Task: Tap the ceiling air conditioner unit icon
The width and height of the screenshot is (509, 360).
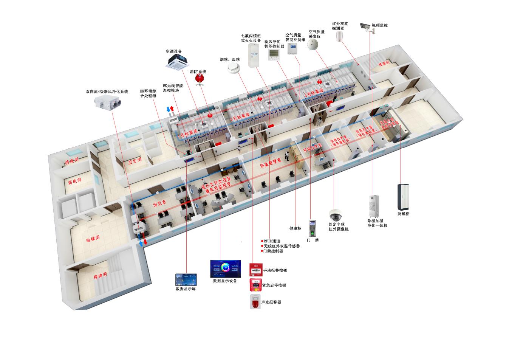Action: pos(176,61)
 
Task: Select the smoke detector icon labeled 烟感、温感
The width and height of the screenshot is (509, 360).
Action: pos(234,68)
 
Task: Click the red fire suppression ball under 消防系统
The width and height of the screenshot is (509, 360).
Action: pos(198,78)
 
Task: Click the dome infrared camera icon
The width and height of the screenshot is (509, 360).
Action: pos(335,215)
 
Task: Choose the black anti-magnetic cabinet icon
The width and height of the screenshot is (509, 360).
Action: pos(403,197)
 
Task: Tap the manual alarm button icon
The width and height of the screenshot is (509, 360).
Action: pos(255,270)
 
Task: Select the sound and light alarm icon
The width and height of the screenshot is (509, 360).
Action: pos(255,301)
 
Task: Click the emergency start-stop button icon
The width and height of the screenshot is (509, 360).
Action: pos(255,285)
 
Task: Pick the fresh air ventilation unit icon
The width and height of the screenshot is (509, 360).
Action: pos(107,102)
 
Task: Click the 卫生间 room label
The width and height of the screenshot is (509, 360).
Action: pos(135,161)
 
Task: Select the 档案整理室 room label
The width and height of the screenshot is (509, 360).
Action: pos(271,163)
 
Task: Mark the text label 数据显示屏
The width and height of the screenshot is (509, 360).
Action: pos(186,289)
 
